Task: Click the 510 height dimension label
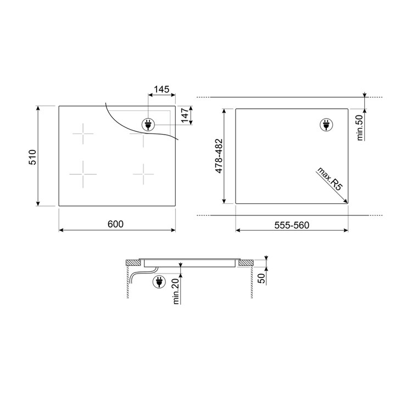32,157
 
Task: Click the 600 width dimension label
115,224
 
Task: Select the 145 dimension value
162,90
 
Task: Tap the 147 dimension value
185,115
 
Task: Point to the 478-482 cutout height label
219,156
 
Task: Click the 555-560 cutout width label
292,225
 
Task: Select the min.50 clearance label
360,127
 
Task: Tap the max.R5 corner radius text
330,178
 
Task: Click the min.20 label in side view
176,291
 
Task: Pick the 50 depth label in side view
261,279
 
